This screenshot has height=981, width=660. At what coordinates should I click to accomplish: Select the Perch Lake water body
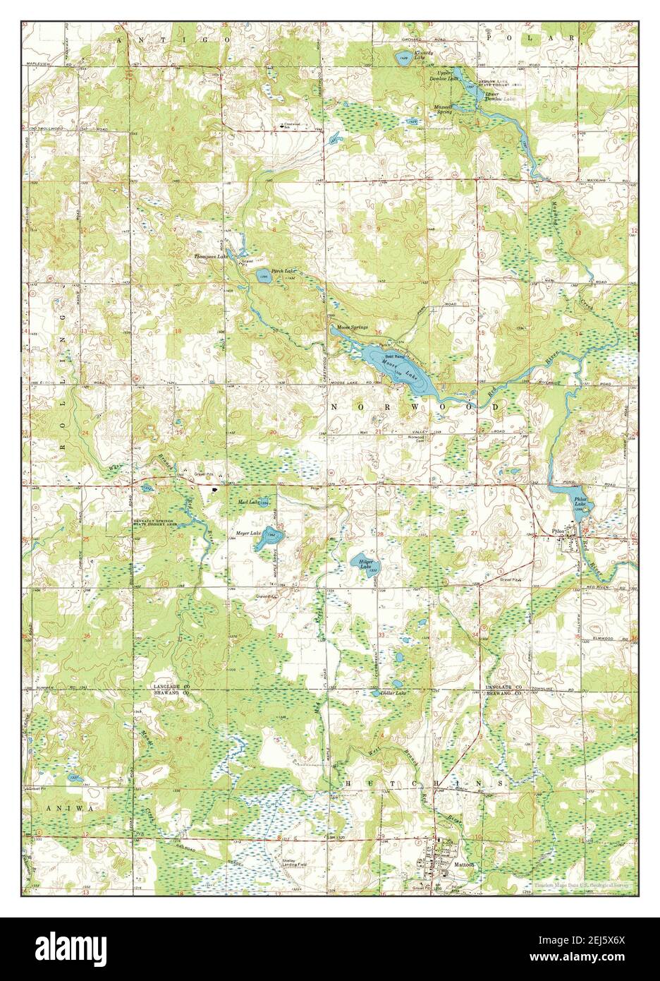262,275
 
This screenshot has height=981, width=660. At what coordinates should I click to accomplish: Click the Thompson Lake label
212,257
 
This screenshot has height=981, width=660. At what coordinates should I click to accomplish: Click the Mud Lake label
249,502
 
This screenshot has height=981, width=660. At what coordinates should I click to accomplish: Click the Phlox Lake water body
577,501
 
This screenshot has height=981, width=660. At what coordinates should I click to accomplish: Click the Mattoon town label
465,865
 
